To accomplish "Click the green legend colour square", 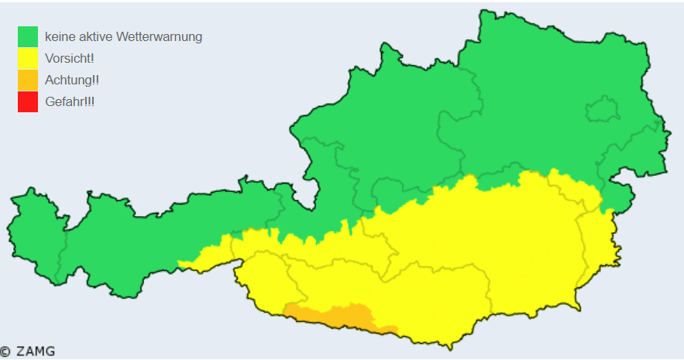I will tap(28, 36).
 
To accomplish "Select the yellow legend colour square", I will tap(28, 58).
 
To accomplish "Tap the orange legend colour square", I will tap(28, 80).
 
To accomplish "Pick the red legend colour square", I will tap(28, 101).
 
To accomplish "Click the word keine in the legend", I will tap(60, 36).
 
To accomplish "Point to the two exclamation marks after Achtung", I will tap(95, 80).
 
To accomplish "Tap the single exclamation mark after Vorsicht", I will tap(91, 58).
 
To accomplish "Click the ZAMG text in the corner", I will tap(36, 351).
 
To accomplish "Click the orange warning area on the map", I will tap(341, 316).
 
